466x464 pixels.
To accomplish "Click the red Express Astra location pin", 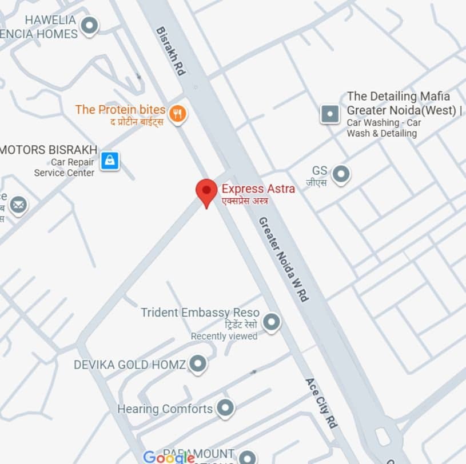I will (x=206, y=191).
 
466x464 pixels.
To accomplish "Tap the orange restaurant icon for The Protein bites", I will (x=178, y=113).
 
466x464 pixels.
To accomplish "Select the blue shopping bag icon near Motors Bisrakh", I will (x=109, y=161).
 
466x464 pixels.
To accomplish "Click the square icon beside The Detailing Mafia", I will (x=330, y=114).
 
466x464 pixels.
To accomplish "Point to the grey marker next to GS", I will (x=341, y=174).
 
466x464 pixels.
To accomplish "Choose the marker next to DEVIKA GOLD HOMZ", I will (x=198, y=364).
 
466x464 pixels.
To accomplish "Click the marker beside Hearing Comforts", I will (x=225, y=408).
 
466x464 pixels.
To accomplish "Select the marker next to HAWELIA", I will (x=89, y=26).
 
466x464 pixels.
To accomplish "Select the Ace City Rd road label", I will (x=321, y=403).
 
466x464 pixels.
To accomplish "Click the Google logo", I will (x=169, y=457).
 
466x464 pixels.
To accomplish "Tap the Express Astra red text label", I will (x=258, y=189).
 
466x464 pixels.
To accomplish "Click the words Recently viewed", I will (x=224, y=336).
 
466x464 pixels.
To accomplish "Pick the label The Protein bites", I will (x=120, y=109).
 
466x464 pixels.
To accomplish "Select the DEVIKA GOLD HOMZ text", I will (x=130, y=364).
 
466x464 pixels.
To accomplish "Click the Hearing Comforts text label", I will (x=165, y=409).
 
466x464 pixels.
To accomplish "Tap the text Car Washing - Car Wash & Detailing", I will (x=383, y=128).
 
